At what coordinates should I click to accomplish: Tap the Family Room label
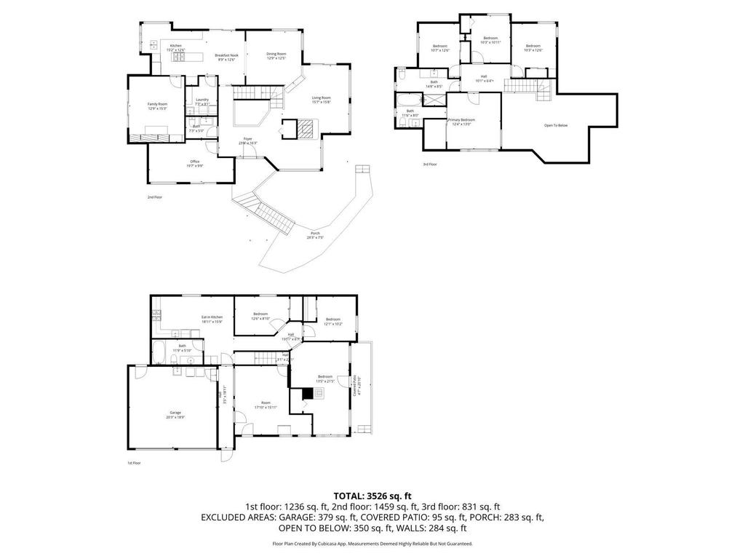tap(157, 104)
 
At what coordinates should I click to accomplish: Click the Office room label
tap(194, 162)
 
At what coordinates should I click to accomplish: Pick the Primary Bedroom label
tap(462, 119)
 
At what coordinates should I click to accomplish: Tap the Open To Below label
tap(556, 125)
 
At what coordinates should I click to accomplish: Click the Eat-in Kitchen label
tap(212, 317)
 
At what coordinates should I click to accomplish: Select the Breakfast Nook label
tap(226, 55)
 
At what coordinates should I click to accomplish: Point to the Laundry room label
tap(202, 100)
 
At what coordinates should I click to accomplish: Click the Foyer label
tap(248, 138)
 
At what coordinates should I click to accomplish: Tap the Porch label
tap(314, 233)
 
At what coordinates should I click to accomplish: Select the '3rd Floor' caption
tap(430, 164)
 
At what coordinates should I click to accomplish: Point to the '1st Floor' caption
tap(134, 462)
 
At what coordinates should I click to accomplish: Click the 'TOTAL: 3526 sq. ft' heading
tap(372, 496)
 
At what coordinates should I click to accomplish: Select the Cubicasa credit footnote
tap(372, 544)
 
